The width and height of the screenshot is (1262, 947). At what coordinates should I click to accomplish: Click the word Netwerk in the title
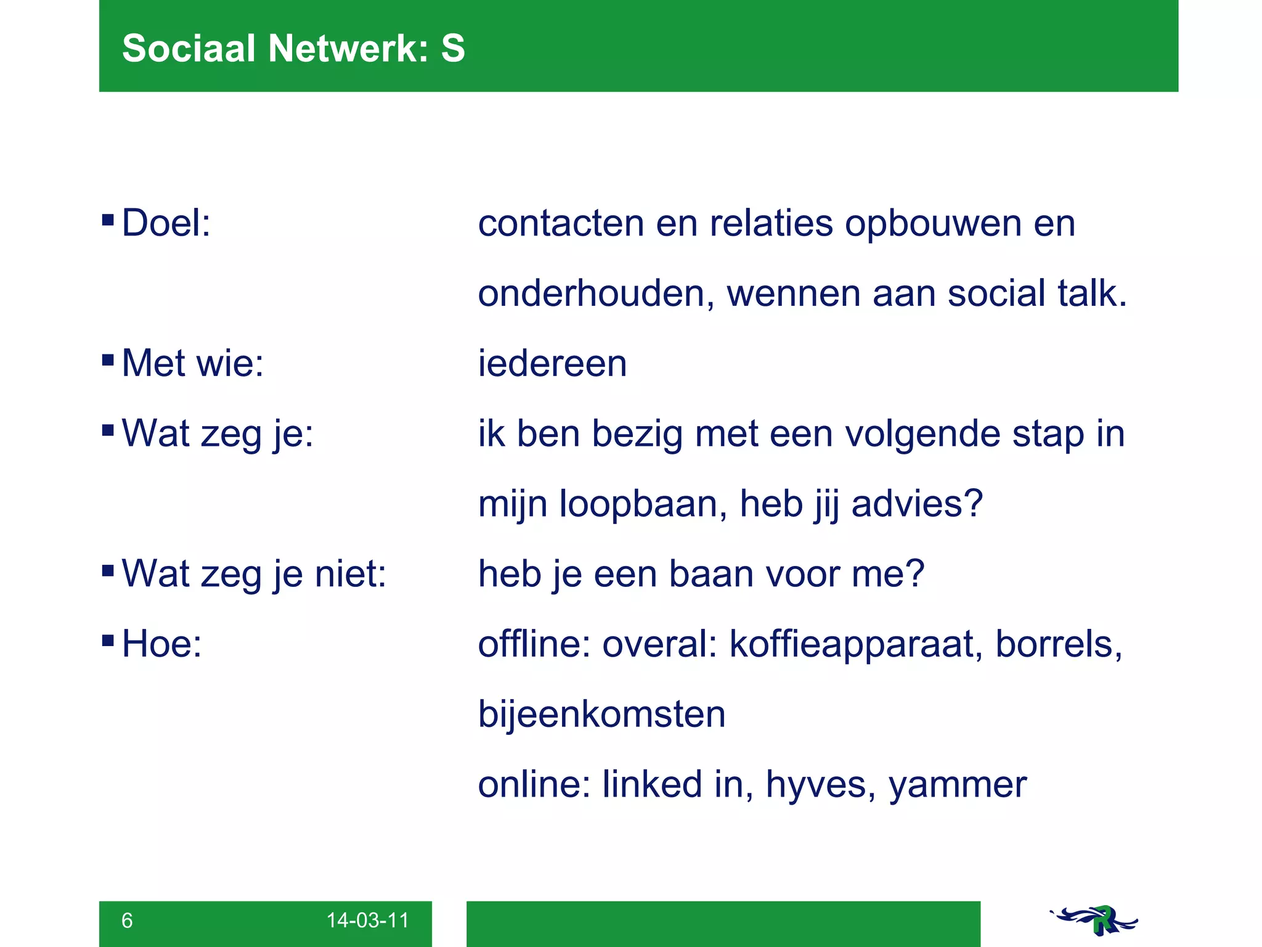pos(348,48)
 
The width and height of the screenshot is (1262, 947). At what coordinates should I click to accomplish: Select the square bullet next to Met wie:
pos(108,359)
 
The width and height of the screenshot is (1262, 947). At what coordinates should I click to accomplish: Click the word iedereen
pos(552,363)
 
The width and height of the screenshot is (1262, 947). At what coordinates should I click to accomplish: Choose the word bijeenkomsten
pos(601,714)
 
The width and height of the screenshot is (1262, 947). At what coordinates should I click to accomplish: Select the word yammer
pos(958,785)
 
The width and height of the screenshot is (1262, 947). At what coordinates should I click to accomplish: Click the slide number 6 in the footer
pos(127,920)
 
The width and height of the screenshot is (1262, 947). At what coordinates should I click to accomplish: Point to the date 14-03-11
pos(367,920)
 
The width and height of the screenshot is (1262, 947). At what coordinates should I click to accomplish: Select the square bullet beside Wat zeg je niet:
pos(108,570)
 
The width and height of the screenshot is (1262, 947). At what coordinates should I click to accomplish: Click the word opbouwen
pos(933,223)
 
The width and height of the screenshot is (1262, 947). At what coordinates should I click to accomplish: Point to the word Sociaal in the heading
pos(189,48)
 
